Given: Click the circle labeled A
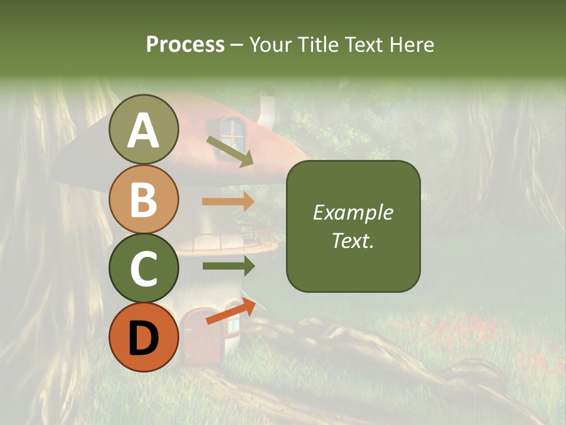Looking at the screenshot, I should [x=143, y=130].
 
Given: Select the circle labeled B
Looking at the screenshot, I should [x=143, y=199].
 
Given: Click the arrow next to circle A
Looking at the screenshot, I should [x=230, y=151].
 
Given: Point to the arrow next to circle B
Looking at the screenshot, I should [x=228, y=201].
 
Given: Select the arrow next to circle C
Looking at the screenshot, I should [x=228, y=266].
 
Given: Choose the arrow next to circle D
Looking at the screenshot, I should [x=231, y=312].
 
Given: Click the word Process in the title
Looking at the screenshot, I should [x=185, y=44].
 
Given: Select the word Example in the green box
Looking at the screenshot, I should [x=353, y=212].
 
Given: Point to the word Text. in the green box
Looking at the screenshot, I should [x=353, y=240].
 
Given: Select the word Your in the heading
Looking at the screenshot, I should [x=270, y=44].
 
